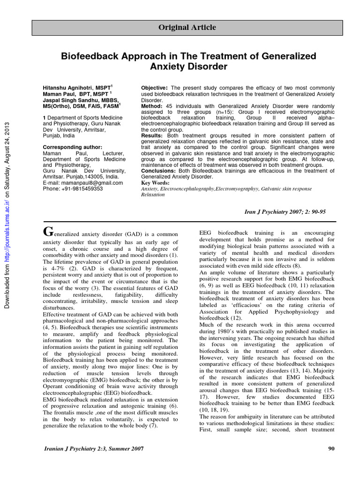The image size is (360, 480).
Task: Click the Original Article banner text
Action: click(187, 28)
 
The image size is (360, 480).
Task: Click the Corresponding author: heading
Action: click(70, 147)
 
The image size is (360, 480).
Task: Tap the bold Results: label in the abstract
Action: click(152, 135)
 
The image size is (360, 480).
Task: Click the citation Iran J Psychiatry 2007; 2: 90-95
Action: click(285, 212)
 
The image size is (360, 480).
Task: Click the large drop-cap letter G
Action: click(47, 232)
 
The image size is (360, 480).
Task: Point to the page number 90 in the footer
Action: click(331, 449)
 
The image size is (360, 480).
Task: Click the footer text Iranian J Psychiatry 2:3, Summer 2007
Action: click(93, 449)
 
